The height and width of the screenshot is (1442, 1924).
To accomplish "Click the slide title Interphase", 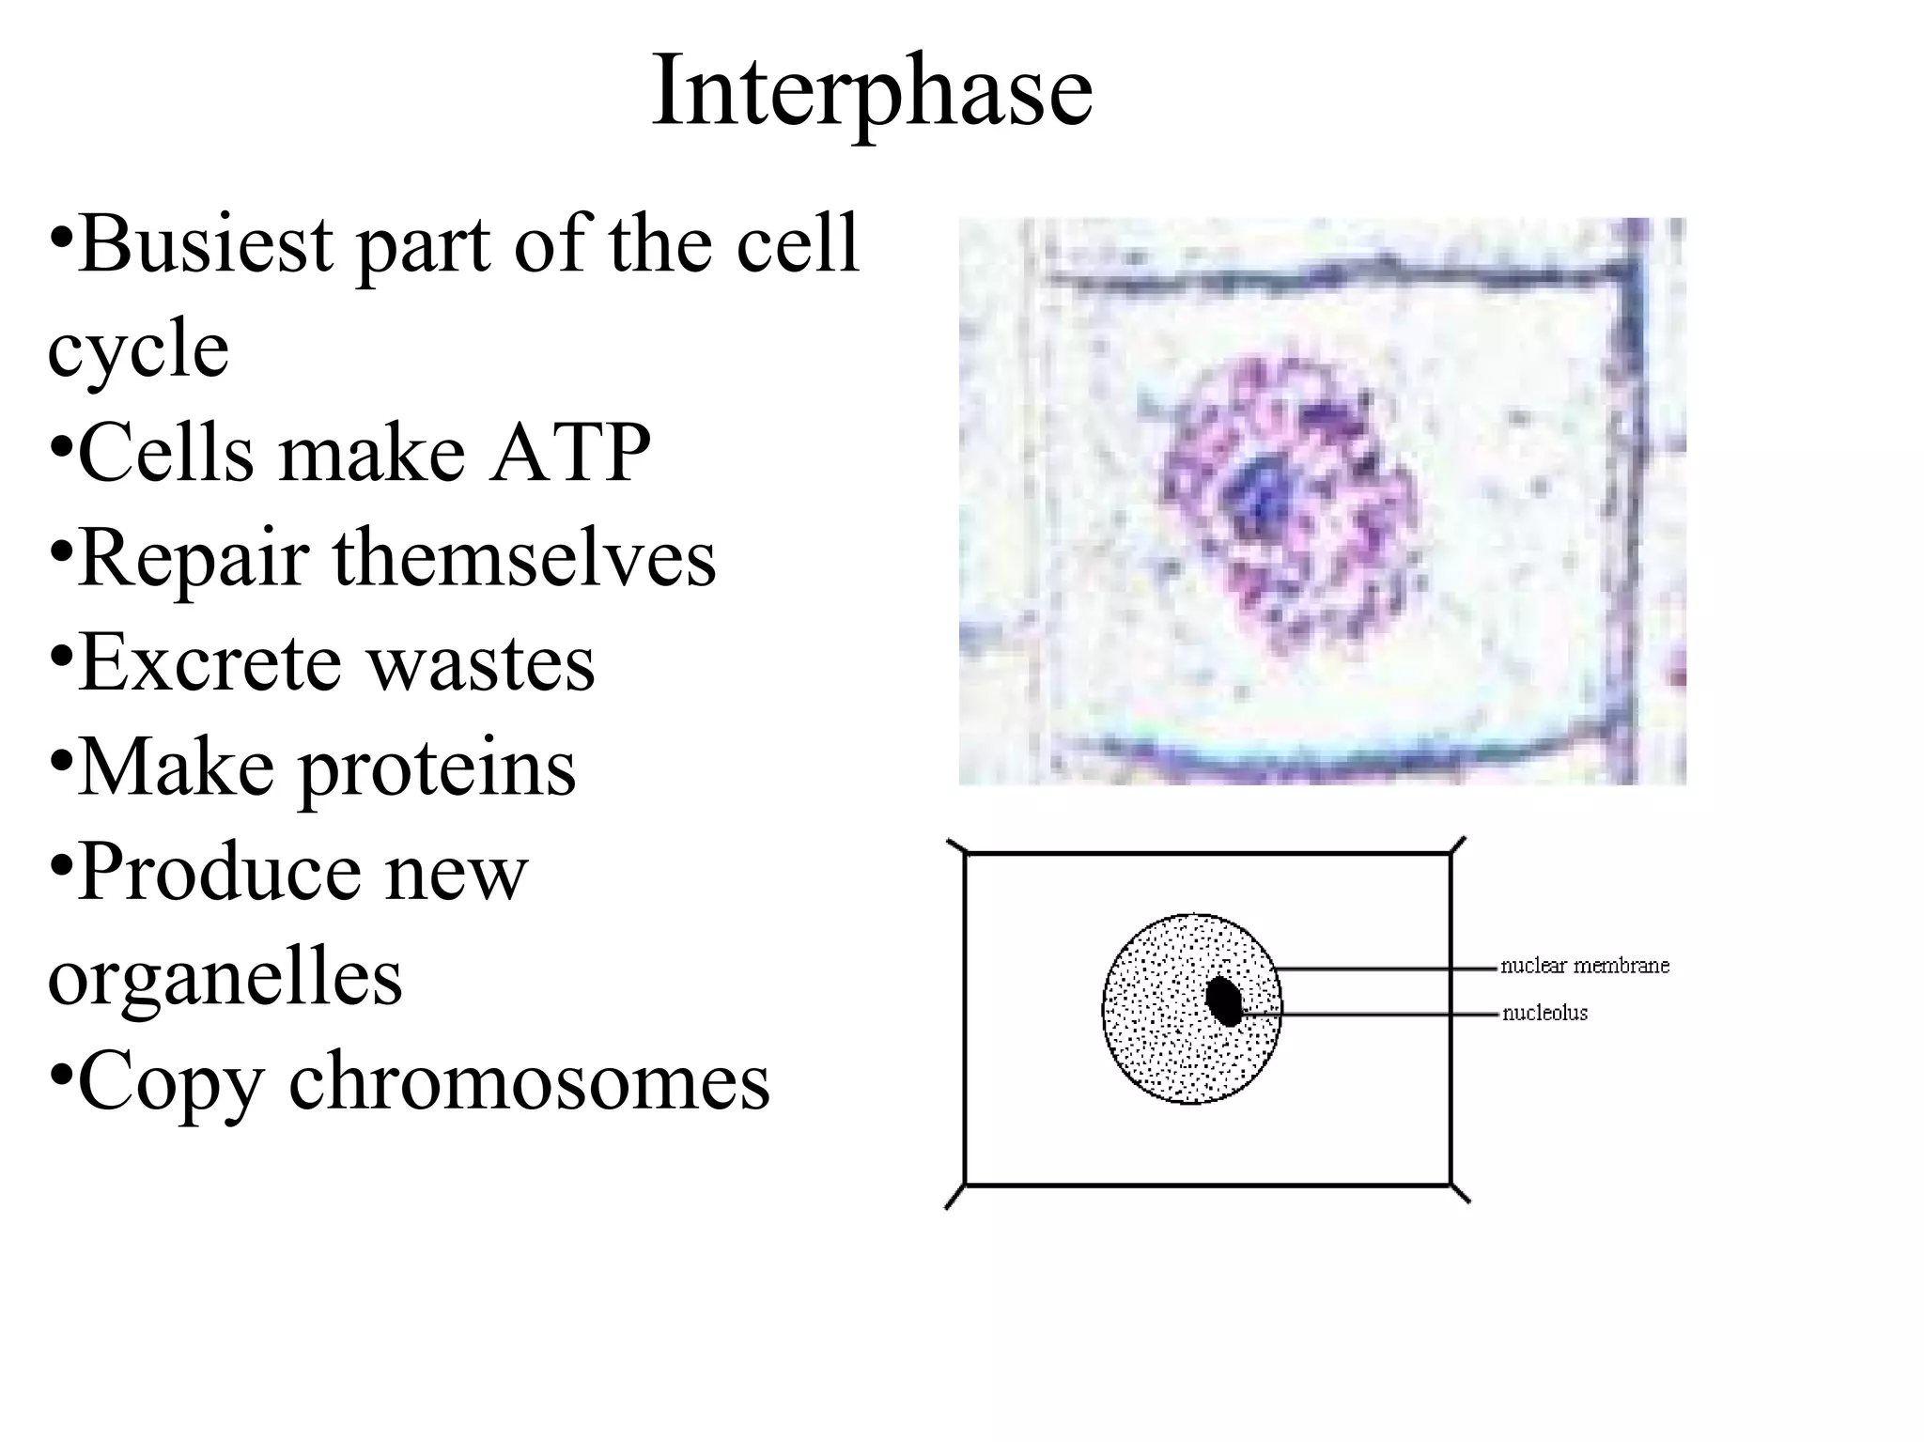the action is click(x=872, y=92).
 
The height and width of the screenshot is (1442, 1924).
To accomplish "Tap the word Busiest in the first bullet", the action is click(x=206, y=243).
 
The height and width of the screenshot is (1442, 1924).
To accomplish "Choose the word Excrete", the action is click(x=210, y=662).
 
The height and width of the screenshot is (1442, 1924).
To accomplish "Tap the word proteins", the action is click(x=437, y=769).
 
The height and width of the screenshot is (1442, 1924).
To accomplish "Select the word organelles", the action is click(x=225, y=980).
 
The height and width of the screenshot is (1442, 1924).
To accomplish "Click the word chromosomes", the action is click(x=529, y=1081).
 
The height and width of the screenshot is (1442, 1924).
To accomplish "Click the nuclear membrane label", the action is click(x=1585, y=966).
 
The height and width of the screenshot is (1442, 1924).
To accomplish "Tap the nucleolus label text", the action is click(x=1544, y=1013).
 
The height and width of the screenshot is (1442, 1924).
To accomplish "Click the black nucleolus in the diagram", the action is click(x=1224, y=1001).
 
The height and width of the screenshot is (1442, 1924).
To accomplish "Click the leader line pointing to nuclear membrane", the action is click(x=1386, y=967).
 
